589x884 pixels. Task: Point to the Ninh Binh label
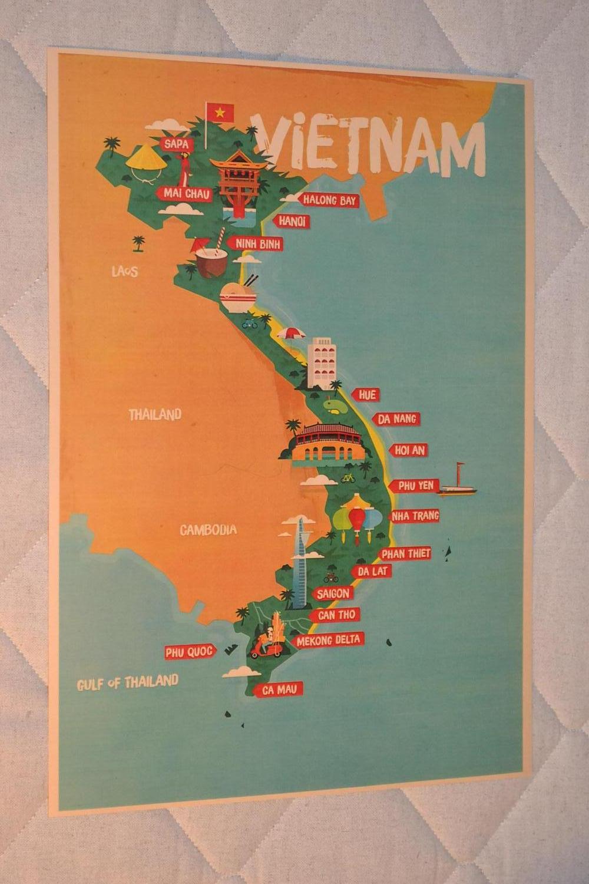point(257,243)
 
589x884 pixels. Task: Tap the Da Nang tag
point(398,419)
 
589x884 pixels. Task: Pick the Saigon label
point(333,593)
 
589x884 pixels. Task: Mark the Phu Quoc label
point(188,652)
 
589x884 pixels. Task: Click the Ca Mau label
point(274,689)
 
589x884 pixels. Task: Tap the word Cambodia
point(208,530)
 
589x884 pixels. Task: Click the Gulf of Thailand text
point(127,682)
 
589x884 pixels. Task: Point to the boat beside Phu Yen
point(459,481)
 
